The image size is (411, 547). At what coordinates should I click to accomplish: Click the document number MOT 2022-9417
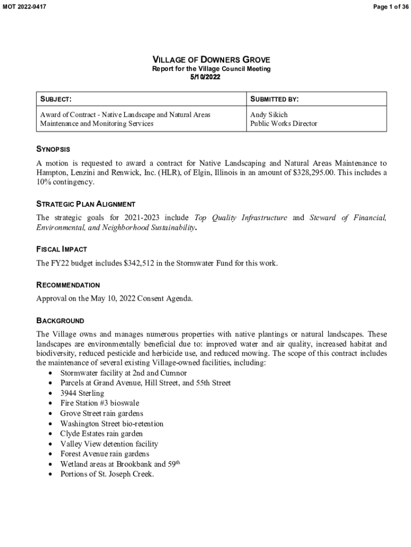[25, 7]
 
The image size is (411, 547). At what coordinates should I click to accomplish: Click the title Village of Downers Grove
[211, 59]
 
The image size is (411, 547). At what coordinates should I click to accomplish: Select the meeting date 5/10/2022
[205, 77]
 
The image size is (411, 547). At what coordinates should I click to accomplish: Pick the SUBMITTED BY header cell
[274, 99]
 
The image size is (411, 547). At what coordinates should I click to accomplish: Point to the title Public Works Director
[283, 123]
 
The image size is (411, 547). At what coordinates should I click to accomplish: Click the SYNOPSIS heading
[53, 149]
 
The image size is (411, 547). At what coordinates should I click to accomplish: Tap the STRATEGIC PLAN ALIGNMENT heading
[85, 204]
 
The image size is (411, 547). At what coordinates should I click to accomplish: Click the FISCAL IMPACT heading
[61, 249]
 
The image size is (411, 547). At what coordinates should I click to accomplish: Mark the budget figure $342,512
[141, 263]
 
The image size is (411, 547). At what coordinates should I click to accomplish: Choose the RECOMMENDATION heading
[68, 285]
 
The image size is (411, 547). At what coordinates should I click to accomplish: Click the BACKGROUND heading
[60, 321]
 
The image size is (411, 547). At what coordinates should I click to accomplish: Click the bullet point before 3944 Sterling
[50, 394]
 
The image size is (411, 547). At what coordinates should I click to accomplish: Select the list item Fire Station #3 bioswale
[99, 403]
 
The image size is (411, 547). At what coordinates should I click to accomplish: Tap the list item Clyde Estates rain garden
[101, 434]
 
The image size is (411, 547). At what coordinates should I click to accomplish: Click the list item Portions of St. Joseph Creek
[107, 474]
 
